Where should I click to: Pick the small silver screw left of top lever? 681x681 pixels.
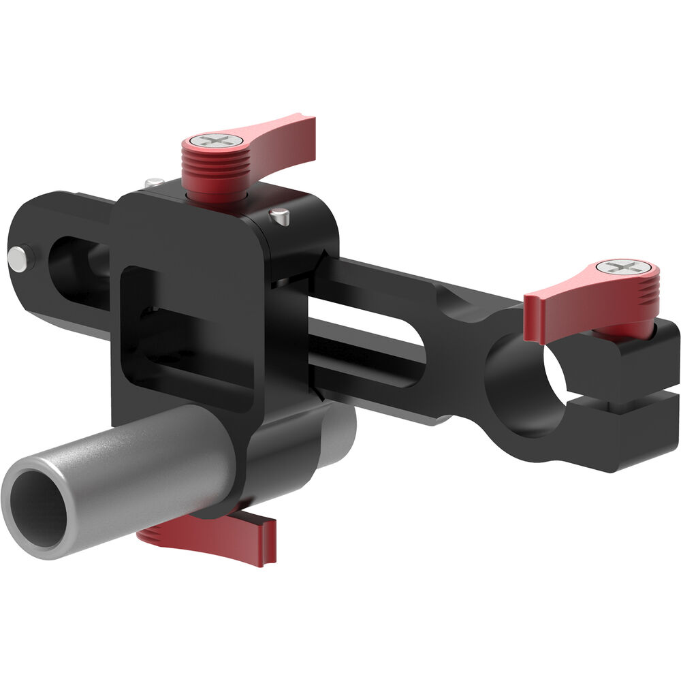point(154,182)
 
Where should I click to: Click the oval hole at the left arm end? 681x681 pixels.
point(75,262)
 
